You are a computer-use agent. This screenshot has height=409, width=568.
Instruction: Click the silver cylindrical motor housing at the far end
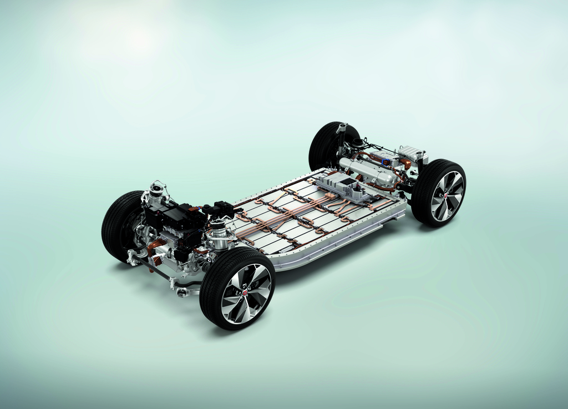click(366, 171)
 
